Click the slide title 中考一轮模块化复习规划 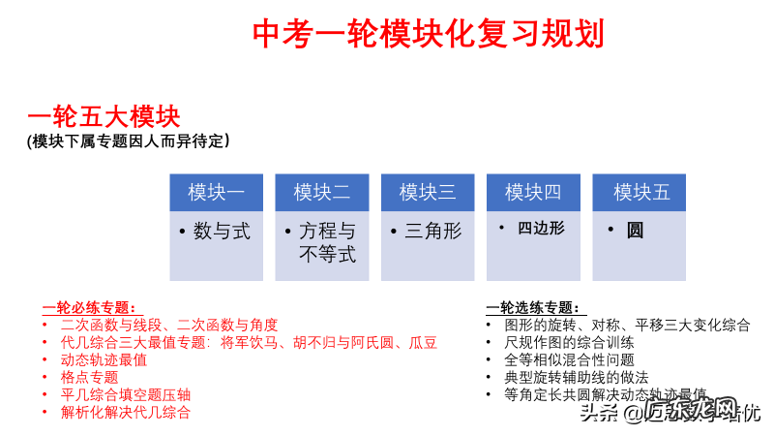(428, 34)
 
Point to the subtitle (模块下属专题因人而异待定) (129, 141)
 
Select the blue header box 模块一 (216, 192)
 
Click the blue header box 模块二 (321, 192)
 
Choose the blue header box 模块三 (427, 192)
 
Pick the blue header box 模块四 (532, 192)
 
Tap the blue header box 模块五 (640, 192)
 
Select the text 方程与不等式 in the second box (327, 243)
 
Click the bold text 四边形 (541, 229)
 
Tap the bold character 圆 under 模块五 (635, 231)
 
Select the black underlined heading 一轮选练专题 (533, 308)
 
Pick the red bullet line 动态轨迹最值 (104, 359)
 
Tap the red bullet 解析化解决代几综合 (125, 412)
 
